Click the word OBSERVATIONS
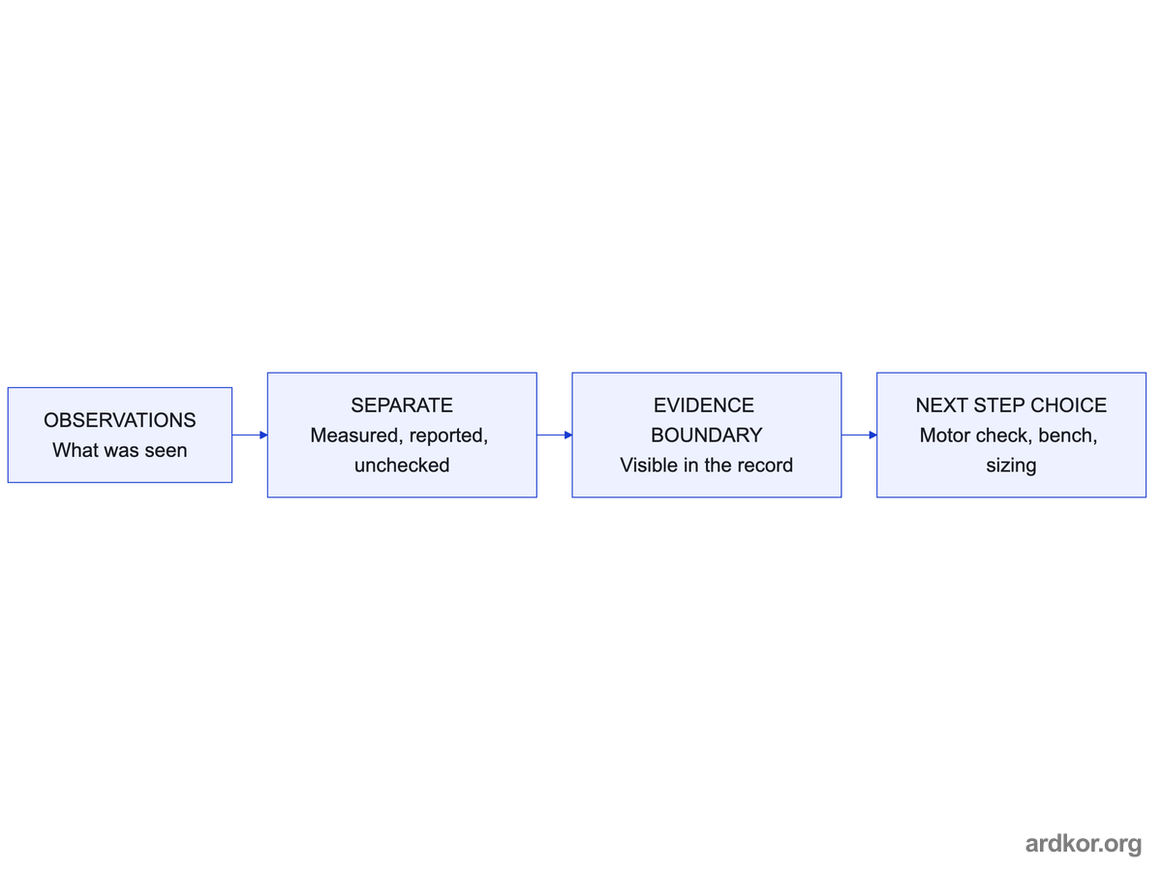120,420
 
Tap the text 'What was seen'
120,451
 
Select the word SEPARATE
402,405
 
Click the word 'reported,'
449,435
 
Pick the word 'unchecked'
402,466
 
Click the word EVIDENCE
704,405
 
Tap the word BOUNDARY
707,435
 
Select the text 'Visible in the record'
707,466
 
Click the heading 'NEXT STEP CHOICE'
1011,405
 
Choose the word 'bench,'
1068,435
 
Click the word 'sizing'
1011,466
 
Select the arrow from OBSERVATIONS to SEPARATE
250,435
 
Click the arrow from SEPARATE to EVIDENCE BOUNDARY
555,435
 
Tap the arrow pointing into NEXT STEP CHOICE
859,435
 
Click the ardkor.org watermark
1084,844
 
